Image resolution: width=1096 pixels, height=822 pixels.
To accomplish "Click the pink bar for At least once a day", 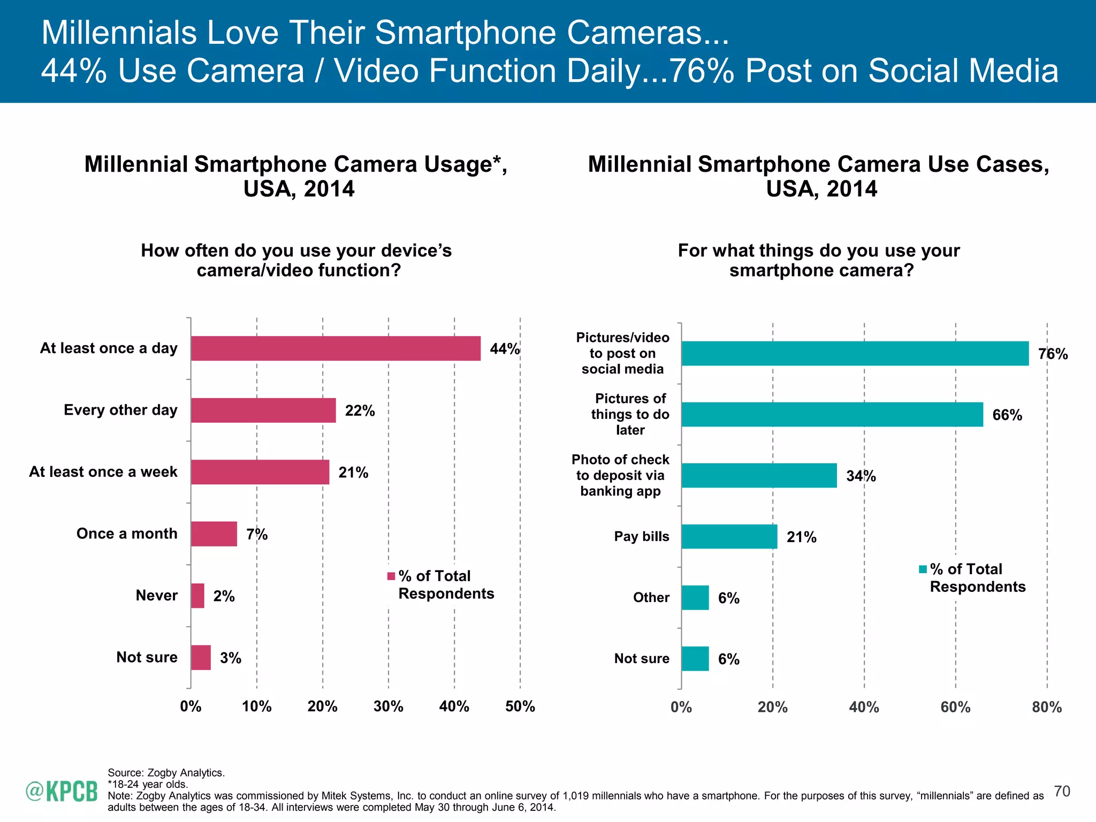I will point(336,348).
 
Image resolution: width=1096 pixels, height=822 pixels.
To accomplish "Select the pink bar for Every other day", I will point(263,410).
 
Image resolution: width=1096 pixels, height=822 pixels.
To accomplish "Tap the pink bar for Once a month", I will point(214,534).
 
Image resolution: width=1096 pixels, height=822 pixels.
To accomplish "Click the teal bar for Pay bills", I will point(729,536).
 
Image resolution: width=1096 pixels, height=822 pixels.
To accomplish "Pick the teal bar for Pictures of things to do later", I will point(832,414).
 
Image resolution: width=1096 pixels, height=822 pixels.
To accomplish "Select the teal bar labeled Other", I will point(695,597).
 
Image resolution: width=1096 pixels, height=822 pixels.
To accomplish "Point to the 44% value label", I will point(504,349).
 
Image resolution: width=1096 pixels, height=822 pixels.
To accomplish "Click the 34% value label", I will point(861,476).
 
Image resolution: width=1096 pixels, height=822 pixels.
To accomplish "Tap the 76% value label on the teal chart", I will point(1052,354).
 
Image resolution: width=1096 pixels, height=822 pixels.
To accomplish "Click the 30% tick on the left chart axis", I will point(388,706).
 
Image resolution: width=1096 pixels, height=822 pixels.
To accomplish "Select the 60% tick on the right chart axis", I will point(955,707).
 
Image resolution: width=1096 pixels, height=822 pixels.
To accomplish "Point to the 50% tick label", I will point(520,706).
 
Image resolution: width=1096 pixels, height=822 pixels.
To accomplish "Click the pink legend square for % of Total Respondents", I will point(391,576).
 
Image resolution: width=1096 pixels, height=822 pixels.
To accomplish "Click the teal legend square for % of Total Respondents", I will point(923,569).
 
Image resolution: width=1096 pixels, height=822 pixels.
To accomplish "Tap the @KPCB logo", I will point(62,791).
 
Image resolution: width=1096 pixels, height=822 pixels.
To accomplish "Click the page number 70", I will point(1062,791).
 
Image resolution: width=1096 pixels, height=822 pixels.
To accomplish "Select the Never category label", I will point(156,595).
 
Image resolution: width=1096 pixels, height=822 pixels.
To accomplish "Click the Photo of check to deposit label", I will point(620,475).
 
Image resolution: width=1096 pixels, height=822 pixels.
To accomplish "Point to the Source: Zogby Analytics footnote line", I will point(166,772).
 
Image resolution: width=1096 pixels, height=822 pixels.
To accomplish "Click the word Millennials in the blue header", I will point(119,33).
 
